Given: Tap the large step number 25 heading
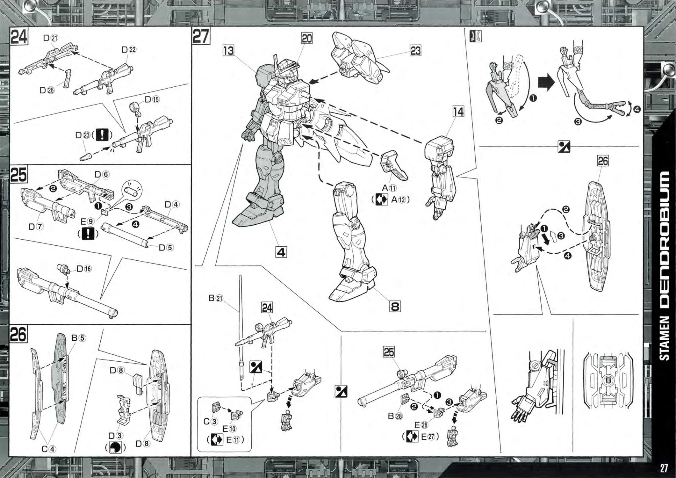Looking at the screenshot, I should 18,175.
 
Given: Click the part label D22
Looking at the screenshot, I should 129,50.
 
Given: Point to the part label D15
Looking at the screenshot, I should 152,99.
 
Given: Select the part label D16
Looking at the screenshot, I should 84,269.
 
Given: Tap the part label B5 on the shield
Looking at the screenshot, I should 78,338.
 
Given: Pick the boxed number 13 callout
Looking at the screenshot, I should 228,51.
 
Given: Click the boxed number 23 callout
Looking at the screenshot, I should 415,51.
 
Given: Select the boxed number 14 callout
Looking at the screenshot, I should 458,112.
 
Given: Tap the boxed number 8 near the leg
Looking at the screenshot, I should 395,307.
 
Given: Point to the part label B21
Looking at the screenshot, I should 216,298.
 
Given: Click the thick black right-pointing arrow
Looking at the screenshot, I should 546,83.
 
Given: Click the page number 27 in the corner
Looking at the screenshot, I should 664,468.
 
